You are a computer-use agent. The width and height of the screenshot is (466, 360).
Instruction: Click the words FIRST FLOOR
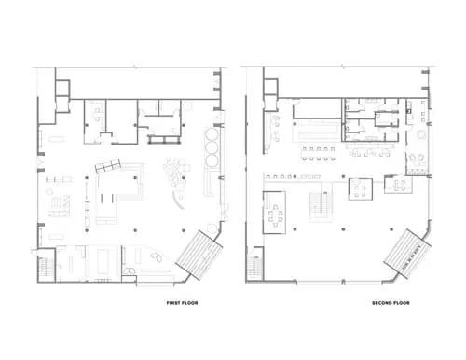click(x=182, y=303)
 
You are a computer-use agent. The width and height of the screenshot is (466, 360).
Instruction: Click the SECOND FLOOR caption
click(x=391, y=303)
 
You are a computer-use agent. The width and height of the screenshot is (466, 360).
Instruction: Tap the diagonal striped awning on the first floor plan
click(x=199, y=255)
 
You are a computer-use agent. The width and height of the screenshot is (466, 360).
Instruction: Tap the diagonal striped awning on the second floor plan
click(x=407, y=254)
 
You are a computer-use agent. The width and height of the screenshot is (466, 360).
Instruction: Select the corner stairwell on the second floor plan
click(x=254, y=265)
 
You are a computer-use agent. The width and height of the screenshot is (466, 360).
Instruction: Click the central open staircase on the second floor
click(x=322, y=206)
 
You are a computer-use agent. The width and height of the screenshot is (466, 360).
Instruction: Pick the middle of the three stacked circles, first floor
click(x=212, y=147)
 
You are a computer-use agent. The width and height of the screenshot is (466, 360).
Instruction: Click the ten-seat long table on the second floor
click(x=319, y=154)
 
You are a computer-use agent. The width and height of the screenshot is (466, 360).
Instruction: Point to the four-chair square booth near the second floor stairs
click(x=361, y=189)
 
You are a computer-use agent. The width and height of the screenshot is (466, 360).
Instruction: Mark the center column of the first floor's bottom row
click(x=135, y=230)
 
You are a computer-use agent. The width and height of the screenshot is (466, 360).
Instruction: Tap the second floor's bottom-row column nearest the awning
click(x=391, y=229)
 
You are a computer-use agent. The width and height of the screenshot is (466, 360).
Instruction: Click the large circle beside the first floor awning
click(x=212, y=228)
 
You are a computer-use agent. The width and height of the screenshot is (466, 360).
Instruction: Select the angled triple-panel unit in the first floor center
click(x=107, y=165)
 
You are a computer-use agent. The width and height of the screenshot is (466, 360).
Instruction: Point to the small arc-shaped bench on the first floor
click(x=178, y=201)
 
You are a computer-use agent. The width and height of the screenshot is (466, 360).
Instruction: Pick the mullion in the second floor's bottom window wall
click(x=343, y=283)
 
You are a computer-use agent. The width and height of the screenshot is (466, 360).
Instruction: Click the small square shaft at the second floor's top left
click(x=270, y=87)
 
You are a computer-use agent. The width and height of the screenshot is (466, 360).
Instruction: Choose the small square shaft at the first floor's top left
click(x=62, y=88)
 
